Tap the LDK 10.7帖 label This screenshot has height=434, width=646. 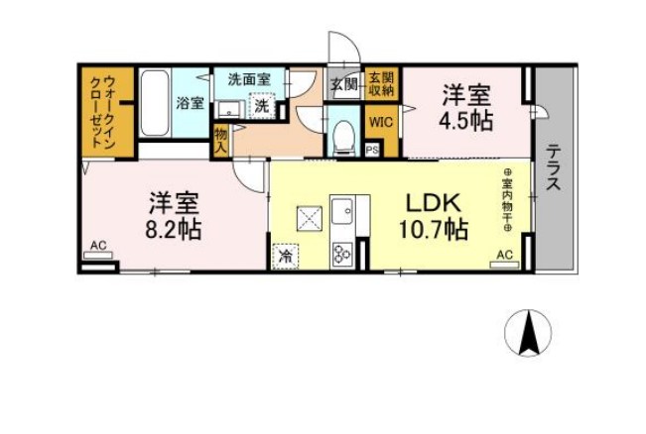[x=434, y=217]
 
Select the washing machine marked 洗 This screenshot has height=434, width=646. [x=261, y=104]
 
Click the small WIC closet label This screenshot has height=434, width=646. [x=381, y=122]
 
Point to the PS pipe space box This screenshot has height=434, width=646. [x=372, y=150]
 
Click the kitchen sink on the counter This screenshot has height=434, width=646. [x=345, y=211]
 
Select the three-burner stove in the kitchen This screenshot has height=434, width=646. [x=343, y=251]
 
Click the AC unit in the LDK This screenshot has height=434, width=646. [x=504, y=259]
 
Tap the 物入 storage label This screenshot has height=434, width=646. [x=220, y=138]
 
